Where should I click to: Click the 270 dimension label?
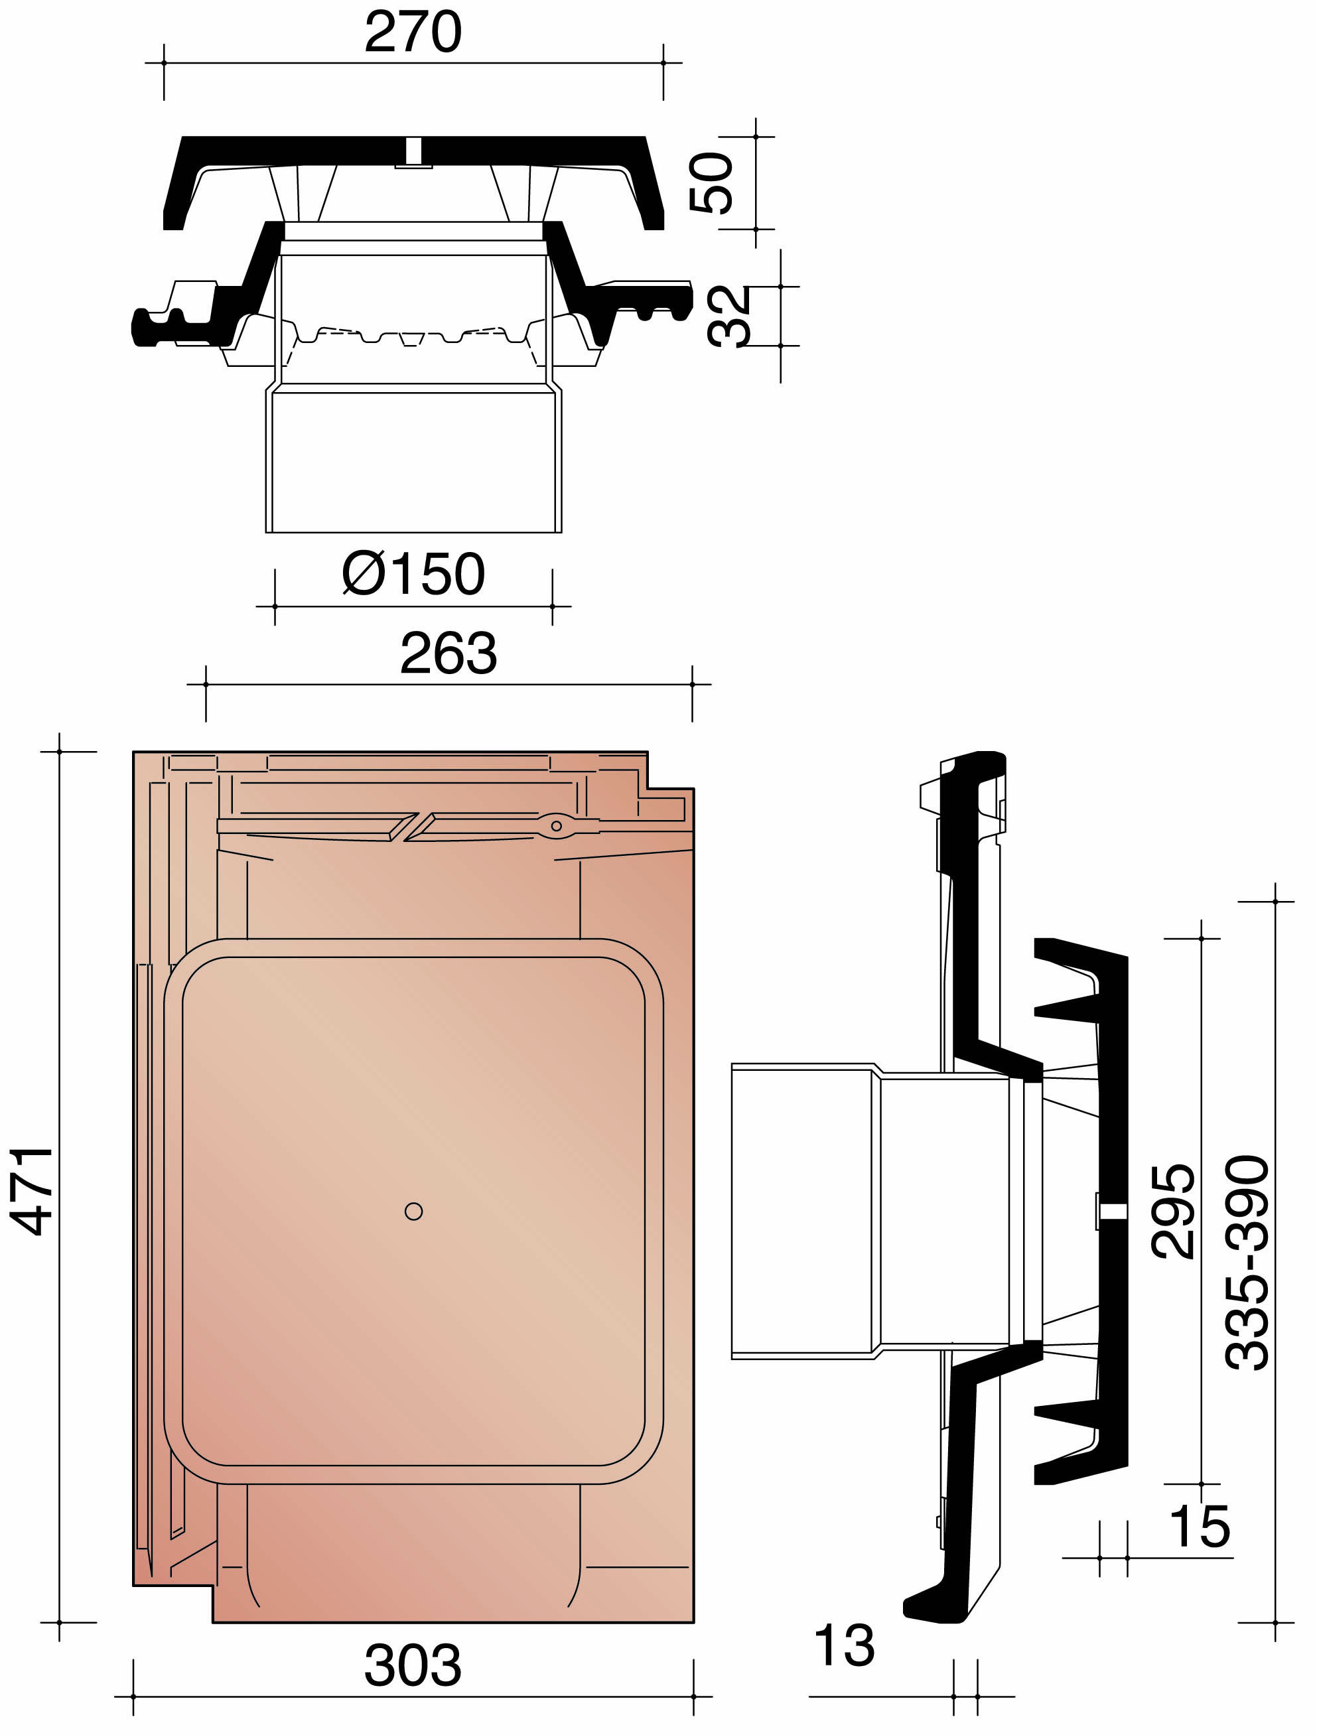[x=413, y=33]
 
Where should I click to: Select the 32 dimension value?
[x=728, y=316]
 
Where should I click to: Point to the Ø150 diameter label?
[x=413, y=574]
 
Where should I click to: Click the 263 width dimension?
[x=448, y=654]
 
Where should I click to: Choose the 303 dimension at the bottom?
[x=413, y=1666]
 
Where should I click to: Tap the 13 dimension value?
[x=844, y=1645]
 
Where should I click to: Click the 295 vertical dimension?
[x=1174, y=1211]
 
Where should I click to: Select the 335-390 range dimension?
[x=1247, y=1263]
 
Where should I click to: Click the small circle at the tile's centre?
[x=413, y=1212]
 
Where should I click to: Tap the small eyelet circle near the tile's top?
[x=556, y=826]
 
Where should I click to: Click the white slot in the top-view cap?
[x=413, y=151]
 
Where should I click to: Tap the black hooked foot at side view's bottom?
[x=934, y=1608]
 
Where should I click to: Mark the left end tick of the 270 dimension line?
[x=164, y=63]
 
